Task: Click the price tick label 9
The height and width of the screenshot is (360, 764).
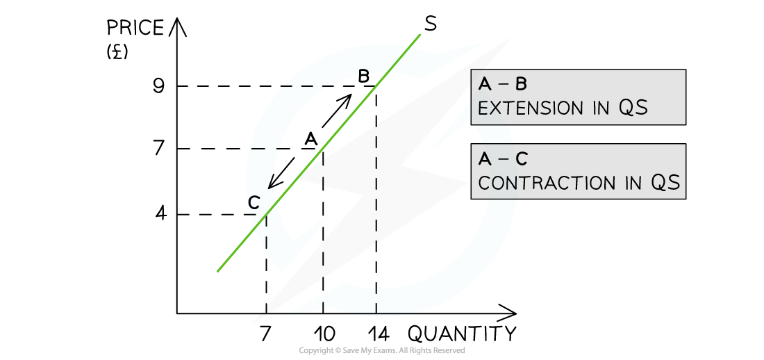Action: point(159,86)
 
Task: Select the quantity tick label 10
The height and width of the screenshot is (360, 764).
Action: point(324,335)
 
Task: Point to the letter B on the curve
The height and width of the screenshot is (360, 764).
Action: point(363,76)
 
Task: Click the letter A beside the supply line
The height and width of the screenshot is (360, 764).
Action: point(310,140)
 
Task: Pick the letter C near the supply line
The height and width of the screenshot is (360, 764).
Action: point(254,202)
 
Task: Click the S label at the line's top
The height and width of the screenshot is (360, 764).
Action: point(430,24)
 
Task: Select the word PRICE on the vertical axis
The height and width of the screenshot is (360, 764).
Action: point(135,28)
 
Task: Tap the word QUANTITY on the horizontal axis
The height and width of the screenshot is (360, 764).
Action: point(461,334)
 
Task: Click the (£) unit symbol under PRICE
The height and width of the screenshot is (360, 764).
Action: point(117,51)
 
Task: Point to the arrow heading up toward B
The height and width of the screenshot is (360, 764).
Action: point(336,110)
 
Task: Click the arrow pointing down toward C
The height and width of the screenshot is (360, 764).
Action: point(281,172)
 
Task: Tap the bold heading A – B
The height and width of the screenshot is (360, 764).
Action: point(502,84)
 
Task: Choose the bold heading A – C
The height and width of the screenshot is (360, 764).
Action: point(503,159)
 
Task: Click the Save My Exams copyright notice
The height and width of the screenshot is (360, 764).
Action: point(381,350)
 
